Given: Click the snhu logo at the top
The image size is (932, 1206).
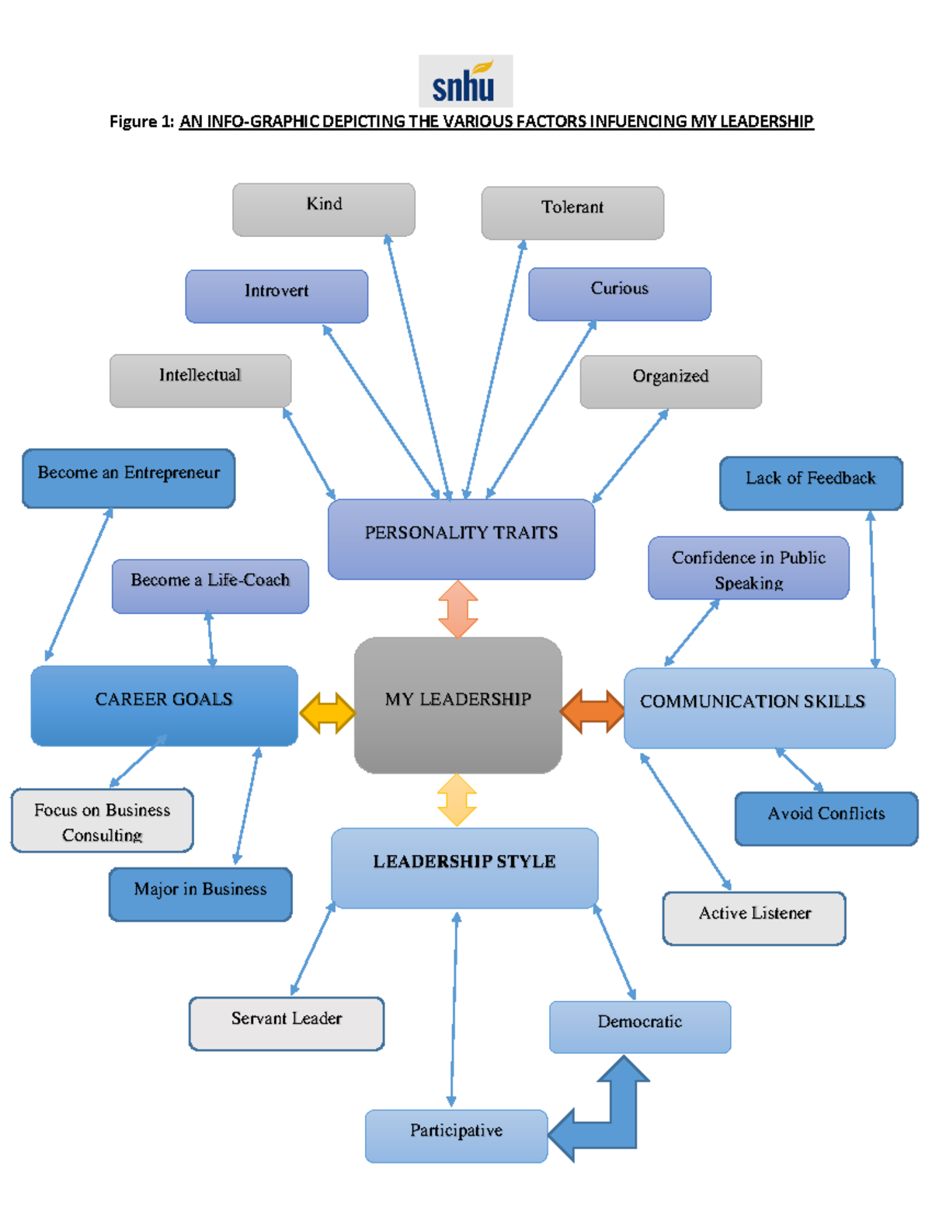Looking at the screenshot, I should point(465,81).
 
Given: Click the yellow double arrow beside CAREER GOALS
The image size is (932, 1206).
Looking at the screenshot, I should point(327,712).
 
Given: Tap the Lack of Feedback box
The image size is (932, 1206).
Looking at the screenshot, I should point(811,483).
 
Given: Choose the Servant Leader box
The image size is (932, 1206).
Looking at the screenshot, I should point(287,1023).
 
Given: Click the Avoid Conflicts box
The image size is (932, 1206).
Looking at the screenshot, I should point(826,818).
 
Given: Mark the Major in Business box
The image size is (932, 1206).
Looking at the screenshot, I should point(200,894).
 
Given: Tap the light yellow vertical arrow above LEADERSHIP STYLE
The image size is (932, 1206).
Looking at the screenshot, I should point(457,800).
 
